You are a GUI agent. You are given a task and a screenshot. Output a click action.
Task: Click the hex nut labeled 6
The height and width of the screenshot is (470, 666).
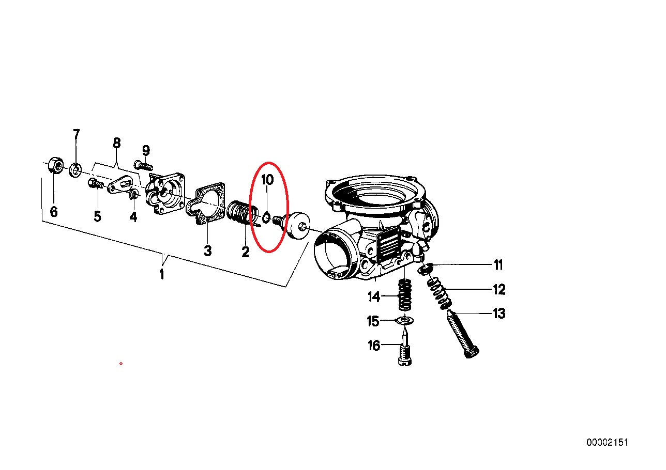point(55,165)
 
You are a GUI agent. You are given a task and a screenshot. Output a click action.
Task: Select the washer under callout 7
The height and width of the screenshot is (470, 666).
point(75,170)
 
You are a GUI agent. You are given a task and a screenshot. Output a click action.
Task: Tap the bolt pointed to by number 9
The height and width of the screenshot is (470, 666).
point(144,165)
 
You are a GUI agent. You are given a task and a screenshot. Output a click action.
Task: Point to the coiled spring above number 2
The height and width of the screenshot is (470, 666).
point(243,215)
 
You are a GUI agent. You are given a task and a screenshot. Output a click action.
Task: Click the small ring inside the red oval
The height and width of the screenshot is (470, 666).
point(266,218)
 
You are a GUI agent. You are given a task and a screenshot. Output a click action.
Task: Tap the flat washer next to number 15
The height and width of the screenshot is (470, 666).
point(405,321)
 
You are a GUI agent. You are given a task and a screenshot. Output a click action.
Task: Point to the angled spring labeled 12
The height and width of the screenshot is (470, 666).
point(440,293)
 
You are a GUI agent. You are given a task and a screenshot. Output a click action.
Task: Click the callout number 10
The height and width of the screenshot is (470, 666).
point(267,180)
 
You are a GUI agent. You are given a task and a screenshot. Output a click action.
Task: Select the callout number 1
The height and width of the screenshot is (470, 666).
point(162,274)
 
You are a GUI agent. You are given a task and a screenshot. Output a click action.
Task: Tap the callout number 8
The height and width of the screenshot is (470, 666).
point(117,143)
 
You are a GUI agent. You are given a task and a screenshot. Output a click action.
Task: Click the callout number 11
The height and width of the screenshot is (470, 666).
point(498,265)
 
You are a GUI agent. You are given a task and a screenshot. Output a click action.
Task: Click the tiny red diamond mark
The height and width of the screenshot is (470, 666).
point(120,364)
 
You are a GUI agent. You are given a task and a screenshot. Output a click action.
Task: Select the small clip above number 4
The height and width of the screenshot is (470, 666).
point(134,195)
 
